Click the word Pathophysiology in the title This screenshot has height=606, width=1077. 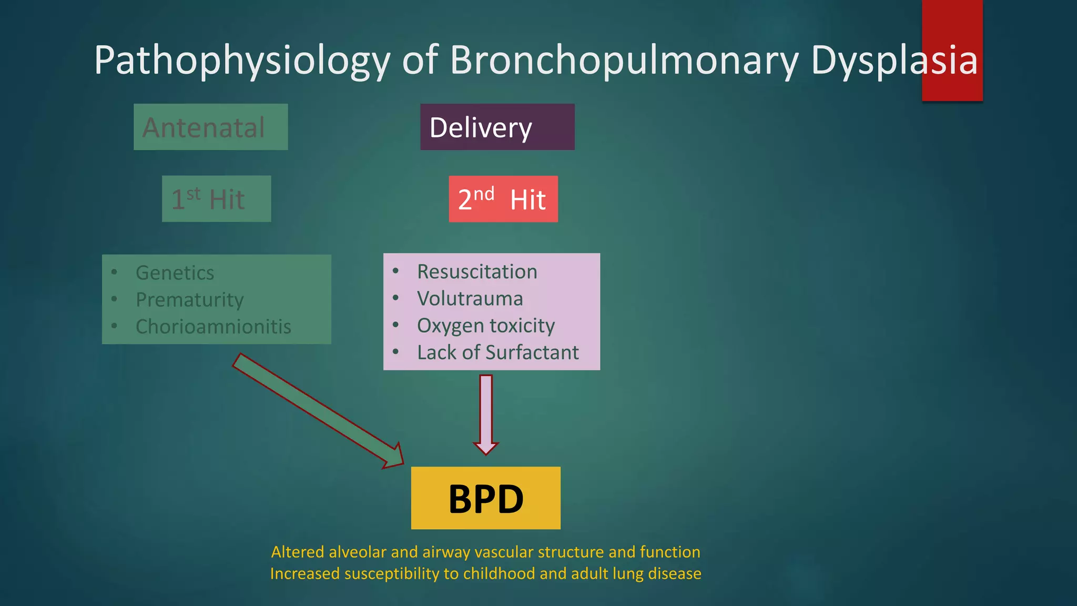242,60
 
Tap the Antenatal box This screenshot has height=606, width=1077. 210,127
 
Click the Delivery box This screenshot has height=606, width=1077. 497,127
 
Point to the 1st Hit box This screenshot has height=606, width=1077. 216,199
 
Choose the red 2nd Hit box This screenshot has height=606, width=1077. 503,199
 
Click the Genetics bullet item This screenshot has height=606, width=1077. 175,272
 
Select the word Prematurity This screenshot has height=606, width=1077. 189,299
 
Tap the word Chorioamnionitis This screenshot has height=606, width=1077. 213,327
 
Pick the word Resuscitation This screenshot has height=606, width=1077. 477,271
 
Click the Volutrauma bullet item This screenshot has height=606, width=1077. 470,298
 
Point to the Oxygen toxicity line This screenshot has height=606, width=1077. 485,326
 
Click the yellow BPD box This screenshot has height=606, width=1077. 485,498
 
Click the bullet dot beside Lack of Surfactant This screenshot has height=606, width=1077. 395,351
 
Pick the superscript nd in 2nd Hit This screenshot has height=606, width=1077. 484,194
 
